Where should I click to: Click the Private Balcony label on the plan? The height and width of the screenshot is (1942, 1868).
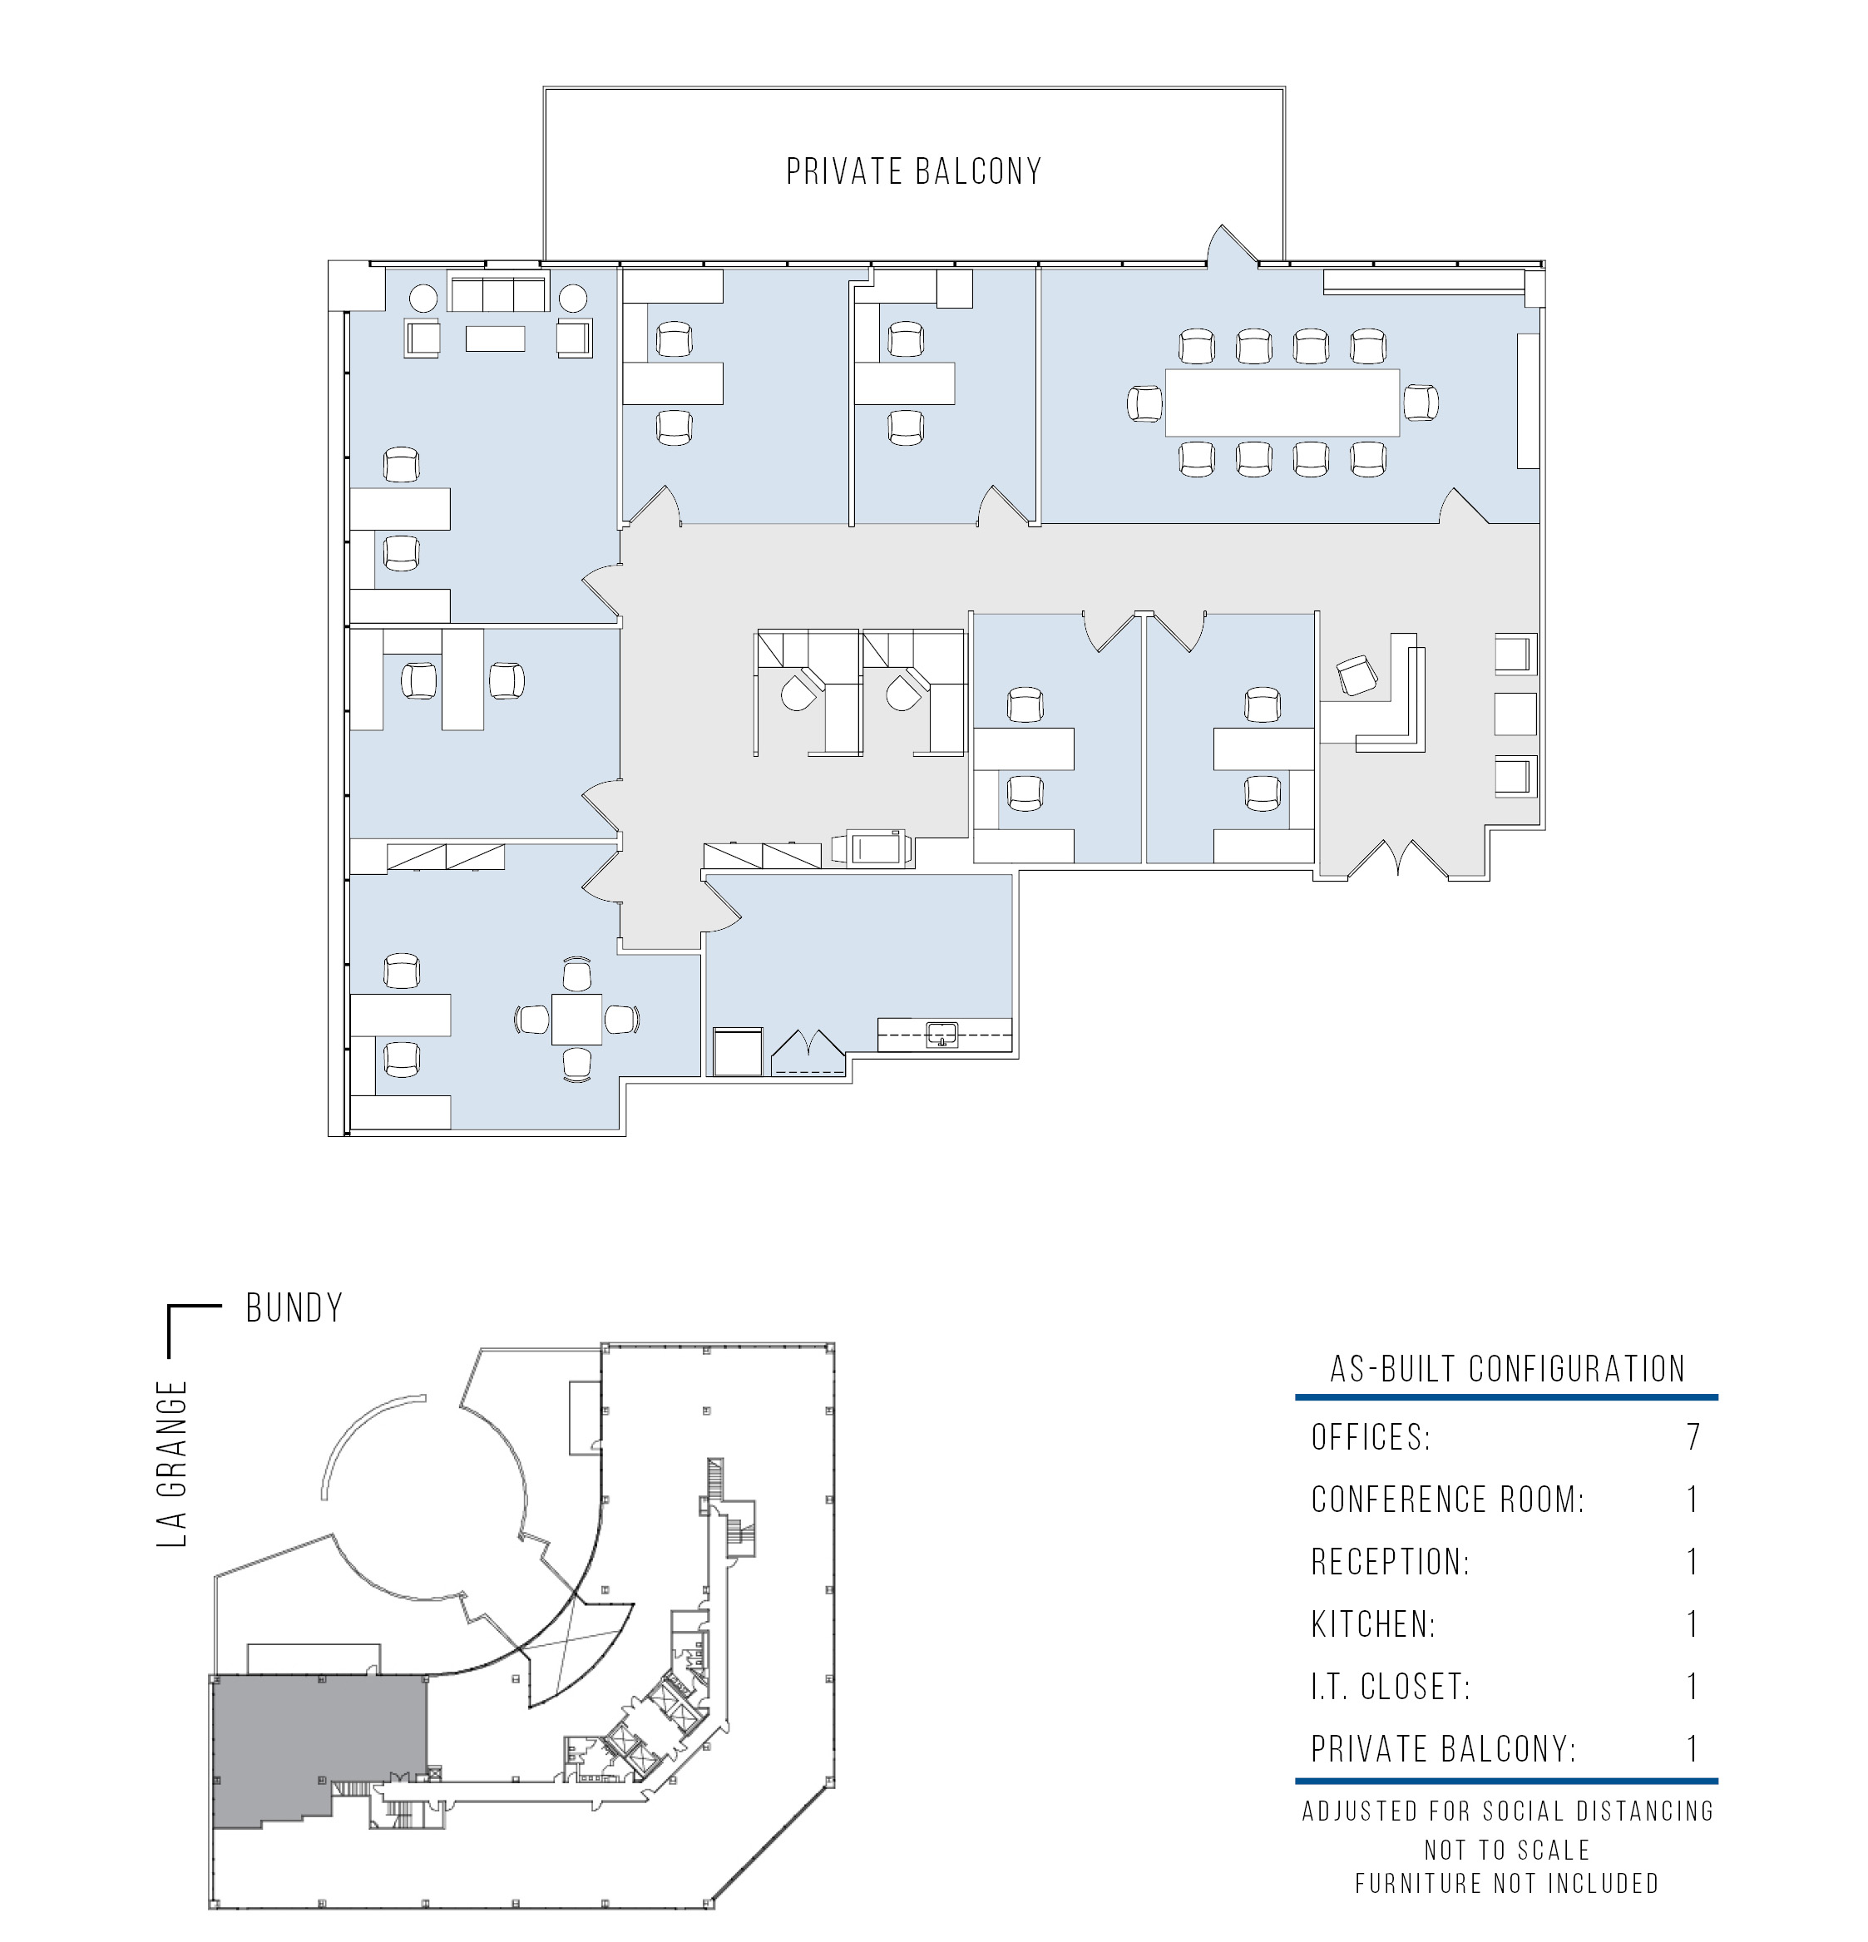click(914, 171)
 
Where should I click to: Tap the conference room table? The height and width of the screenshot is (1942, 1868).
click(1282, 403)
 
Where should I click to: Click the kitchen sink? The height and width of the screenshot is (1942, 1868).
click(941, 1035)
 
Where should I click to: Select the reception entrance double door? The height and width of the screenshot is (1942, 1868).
click(1398, 858)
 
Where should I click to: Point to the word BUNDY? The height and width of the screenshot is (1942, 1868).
click(294, 1308)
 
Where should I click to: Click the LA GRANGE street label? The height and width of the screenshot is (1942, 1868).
click(172, 1464)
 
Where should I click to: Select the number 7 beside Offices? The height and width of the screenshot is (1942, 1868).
click(1693, 1436)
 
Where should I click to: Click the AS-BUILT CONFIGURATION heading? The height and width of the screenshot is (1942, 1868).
click(1507, 1369)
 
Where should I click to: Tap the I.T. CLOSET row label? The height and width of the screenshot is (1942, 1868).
click(1391, 1687)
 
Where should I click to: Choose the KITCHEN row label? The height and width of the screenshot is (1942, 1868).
click(1372, 1624)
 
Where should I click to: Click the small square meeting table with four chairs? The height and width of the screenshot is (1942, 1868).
click(576, 1019)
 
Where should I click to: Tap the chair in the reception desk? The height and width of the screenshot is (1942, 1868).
click(1357, 675)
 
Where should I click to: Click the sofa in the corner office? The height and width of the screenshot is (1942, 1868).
click(498, 294)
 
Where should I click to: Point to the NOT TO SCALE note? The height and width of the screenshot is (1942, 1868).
click(1507, 1850)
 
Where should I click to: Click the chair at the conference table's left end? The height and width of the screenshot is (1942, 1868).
click(1145, 403)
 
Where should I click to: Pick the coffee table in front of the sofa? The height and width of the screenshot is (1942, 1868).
click(496, 338)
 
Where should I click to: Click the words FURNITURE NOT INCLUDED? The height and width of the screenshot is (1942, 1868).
click(1507, 1884)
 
